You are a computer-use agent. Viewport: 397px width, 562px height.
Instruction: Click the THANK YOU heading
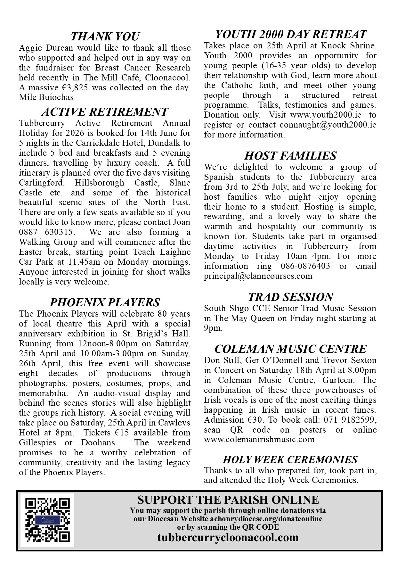105,36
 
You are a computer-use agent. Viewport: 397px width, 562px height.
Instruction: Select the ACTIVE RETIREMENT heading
105,112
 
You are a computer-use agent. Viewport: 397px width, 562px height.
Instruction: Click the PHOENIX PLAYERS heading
105,302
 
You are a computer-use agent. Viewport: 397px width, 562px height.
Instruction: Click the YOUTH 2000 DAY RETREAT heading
290,34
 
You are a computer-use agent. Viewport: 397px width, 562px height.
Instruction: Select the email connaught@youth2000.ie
328,125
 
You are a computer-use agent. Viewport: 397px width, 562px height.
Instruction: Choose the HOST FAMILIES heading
290,155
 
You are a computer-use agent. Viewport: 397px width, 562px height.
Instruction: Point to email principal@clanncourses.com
258,276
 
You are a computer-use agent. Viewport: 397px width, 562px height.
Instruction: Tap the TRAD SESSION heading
290,297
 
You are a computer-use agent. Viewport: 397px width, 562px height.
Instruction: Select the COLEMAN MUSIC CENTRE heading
290,349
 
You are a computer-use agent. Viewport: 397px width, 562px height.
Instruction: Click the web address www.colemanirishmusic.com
259,439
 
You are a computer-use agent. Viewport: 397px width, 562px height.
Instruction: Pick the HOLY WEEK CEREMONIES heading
290,459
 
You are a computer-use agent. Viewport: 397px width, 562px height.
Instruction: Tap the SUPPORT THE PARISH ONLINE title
228,500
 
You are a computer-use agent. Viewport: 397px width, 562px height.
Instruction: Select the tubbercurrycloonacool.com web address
228,537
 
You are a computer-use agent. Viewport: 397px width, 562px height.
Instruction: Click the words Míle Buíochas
46,97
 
